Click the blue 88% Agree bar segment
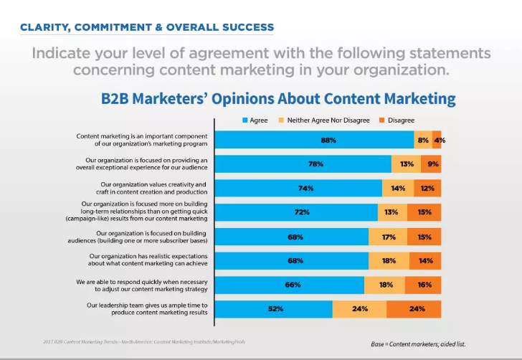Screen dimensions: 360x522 pos(314,140)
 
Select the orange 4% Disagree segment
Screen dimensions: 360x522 pos(437,140)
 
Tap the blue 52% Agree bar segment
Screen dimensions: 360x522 pos(273,309)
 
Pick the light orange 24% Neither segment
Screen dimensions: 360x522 pos(359,309)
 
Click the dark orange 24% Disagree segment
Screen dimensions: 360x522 pos(414,309)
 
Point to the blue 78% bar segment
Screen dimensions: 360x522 pos(303,164)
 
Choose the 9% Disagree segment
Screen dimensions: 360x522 pos(431,164)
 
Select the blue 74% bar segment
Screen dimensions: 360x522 pos(298,188)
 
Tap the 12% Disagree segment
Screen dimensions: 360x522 pos(427,188)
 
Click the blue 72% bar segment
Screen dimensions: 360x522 pos(296,212)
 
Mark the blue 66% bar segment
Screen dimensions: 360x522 pos(289,285)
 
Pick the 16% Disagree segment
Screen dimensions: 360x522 pos(423,285)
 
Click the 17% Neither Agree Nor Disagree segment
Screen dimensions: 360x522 pos(388,237)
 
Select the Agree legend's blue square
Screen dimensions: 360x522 pos(245,120)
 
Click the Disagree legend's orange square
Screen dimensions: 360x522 pos(381,120)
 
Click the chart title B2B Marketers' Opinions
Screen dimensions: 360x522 pos(278,98)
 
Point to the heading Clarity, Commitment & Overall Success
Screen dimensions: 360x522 pos(147,27)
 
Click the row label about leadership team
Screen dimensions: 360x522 pos(147,309)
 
